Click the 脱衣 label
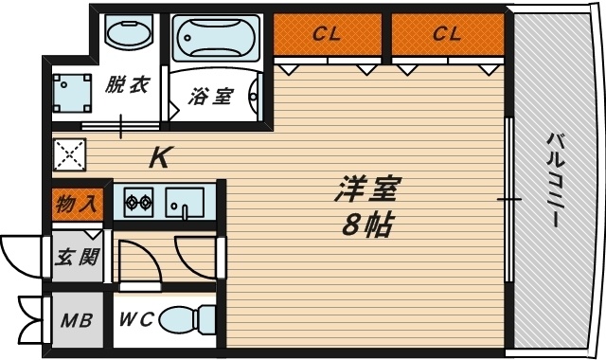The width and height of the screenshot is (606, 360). click(127, 86)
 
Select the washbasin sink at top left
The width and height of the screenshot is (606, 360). click(129, 34)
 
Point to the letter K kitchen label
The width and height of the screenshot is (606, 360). click(160, 157)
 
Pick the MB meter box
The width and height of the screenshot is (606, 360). click(76, 319)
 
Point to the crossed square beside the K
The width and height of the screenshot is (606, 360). click(69, 154)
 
